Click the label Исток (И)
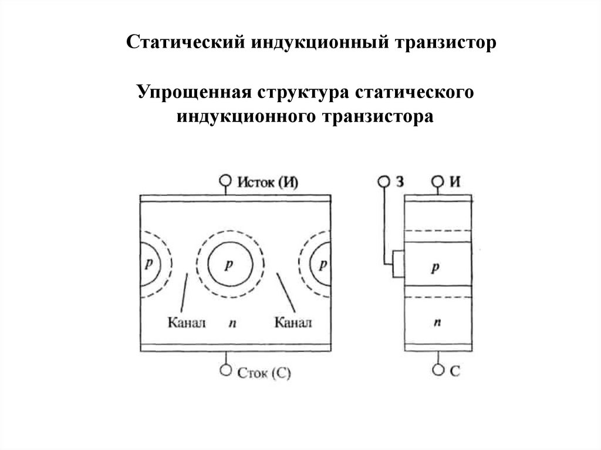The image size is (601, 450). pos(268,181)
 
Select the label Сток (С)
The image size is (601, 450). pos(265,372)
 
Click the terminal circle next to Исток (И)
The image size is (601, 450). pos(225,181)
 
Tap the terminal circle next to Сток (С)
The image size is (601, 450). pos(225,370)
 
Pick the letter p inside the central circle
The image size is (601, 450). pos(229,265)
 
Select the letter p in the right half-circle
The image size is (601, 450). pos(322,265)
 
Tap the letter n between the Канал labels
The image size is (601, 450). pos(232,323)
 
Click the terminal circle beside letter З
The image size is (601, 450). pos(383,181)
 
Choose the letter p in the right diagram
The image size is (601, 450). pos(435,268)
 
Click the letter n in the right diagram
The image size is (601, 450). pos(437,322)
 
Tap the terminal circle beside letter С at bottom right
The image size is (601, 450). pos(437,370)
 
